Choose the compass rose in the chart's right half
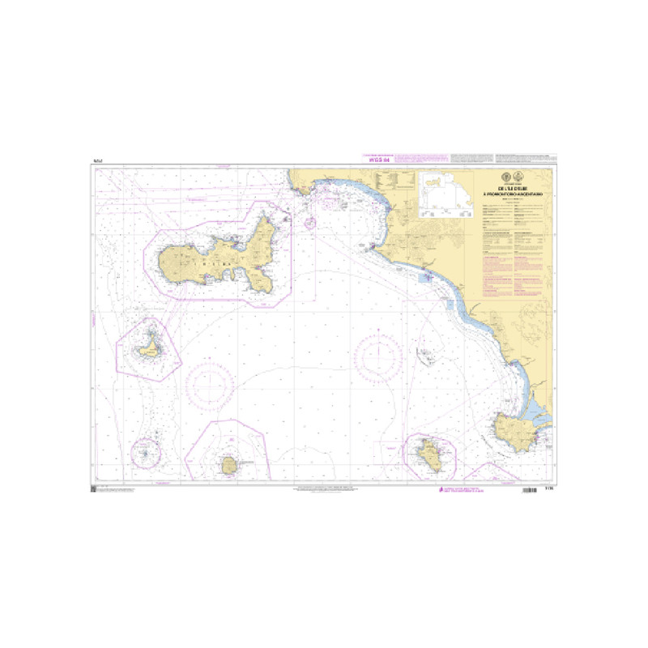pos(377,356)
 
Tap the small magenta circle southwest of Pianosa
pos(147,451)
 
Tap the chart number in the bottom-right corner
pos(551,489)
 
